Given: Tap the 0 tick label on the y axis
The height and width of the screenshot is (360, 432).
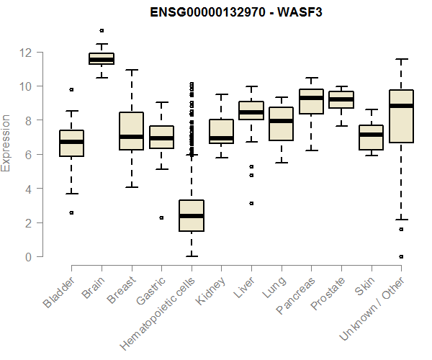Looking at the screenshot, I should point(28,257).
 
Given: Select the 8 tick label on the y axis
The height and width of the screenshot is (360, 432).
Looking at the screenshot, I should point(28,120).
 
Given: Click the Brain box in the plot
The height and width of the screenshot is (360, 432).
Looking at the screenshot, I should point(102,58).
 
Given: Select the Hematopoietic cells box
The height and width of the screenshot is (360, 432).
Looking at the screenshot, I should point(191,215).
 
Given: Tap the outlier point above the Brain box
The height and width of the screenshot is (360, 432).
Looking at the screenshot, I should point(102,30).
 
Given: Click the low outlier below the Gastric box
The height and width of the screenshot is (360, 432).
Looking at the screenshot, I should point(161,217).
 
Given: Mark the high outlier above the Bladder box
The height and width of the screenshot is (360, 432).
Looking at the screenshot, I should point(71,89).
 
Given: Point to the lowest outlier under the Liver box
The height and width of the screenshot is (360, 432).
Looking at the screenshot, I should point(251,203).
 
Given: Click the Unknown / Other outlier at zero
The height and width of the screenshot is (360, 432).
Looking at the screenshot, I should point(400,256).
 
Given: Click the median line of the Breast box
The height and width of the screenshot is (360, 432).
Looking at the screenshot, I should point(131,137).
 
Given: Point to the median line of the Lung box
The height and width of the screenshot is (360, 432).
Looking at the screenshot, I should point(281,121).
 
